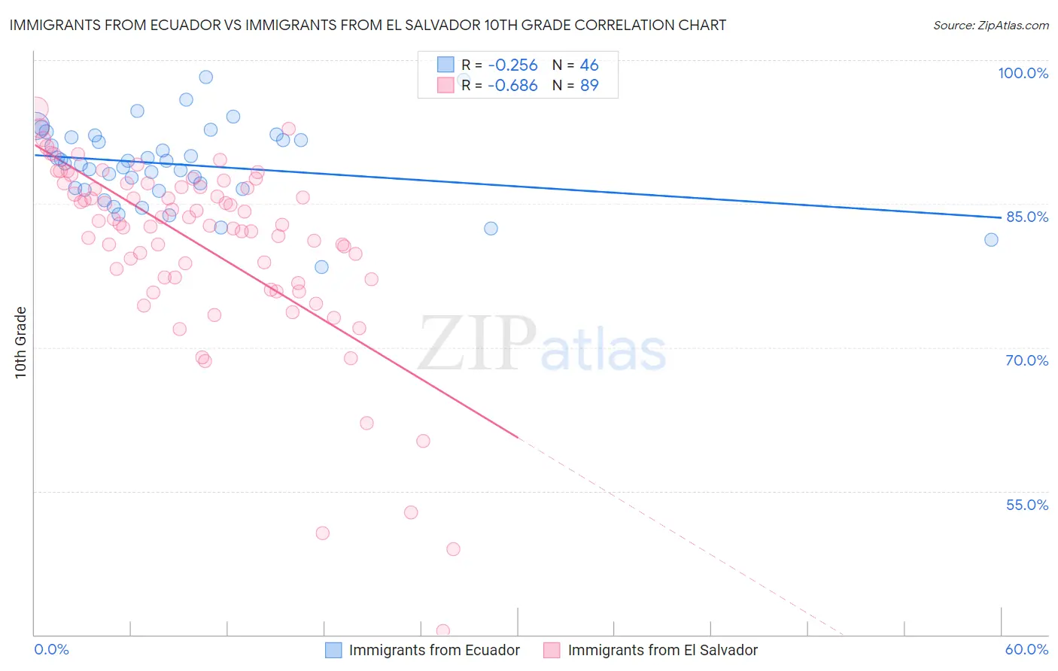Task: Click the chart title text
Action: tap(367, 25)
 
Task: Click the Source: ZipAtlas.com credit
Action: tap(990, 25)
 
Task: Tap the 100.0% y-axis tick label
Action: tap(1023, 73)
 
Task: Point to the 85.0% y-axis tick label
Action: tap(1026, 217)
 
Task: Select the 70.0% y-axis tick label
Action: tap(1026, 360)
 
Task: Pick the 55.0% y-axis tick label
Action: tap(1026, 505)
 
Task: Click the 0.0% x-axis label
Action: tap(51, 649)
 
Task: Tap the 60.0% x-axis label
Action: tap(1026, 649)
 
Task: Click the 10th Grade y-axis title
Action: tap(21, 342)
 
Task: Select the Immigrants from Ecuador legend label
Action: tap(434, 650)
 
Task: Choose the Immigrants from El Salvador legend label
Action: tap(662, 650)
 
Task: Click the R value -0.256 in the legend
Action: tap(512, 65)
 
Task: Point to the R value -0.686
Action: tap(512, 86)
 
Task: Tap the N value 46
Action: tap(588, 65)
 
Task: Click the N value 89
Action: tap(588, 86)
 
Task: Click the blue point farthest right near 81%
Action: tap(991, 240)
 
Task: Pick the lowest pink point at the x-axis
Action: tap(443, 631)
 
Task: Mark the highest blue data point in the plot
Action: tap(205, 77)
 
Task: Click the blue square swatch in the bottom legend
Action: tap(333, 650)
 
